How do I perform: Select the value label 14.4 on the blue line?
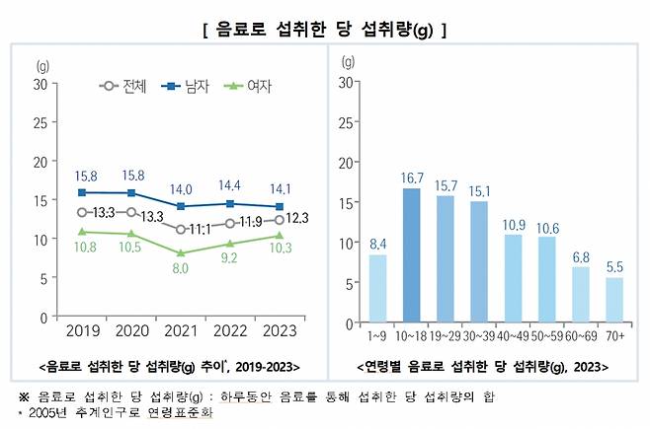click(x=229, y=185)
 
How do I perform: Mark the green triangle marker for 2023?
click(x=280, y=236)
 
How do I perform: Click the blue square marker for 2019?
click(x=83, y=192)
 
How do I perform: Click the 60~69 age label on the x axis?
click(x=581, y=336)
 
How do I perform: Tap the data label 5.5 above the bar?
click(x=615, y=266)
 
